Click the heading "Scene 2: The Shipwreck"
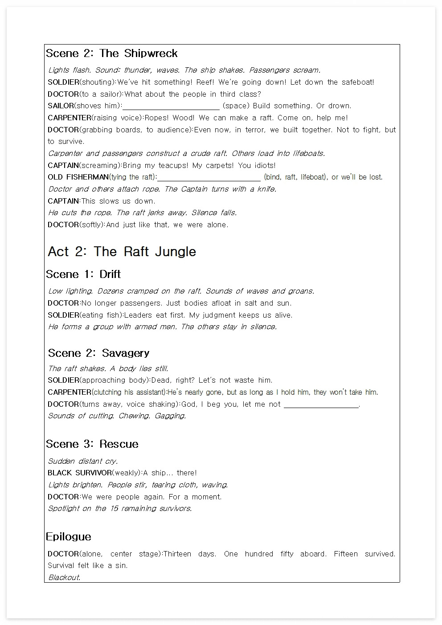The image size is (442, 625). point(112,53)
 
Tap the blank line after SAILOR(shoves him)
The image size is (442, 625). point(171,106)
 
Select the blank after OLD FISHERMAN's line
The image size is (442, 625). point(209,177)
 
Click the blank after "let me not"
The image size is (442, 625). point(321,404)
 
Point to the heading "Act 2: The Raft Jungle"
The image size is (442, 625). point(122,252)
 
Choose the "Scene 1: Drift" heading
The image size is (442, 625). point(83,274)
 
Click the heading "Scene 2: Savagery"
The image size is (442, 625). point(98,353)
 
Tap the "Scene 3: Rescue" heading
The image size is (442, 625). point(92,444)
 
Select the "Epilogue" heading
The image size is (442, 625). point(69,537)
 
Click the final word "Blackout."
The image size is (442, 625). point(65,578)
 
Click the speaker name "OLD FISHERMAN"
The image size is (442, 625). point(78,177)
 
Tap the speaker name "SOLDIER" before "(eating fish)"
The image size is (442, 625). point(63,315)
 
